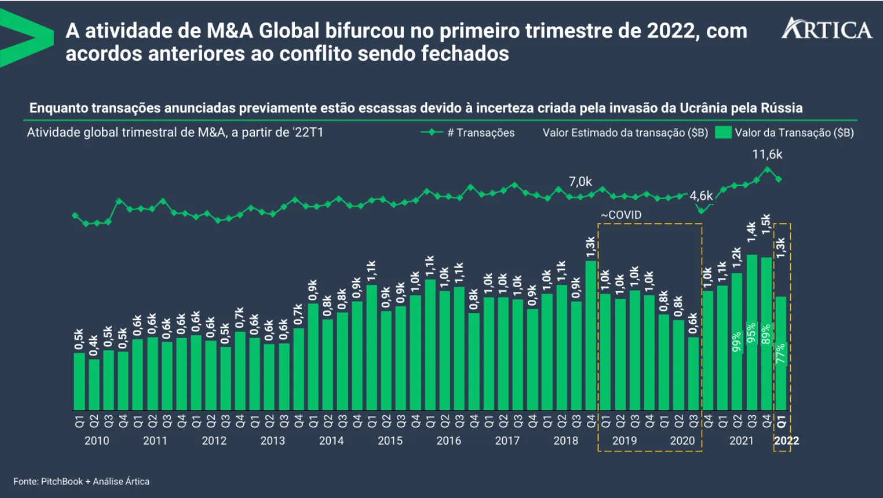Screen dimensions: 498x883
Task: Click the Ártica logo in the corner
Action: [x=827, y=29]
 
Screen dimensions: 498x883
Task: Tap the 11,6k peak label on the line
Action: [x=767, y=155]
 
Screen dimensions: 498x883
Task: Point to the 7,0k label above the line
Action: [x=580, y=182]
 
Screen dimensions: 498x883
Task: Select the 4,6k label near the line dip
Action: [x=701, y=196]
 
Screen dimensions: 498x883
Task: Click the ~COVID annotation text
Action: [x=621, y=215]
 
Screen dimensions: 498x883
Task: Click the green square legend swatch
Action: [x=723, y=133]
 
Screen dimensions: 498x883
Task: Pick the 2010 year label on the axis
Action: [x=97, y=441]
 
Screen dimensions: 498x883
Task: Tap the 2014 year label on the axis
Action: [x=331, y=441]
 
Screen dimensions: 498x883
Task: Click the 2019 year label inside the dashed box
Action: [x=625, y=441]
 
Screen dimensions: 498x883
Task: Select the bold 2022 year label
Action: [x=786, y=441]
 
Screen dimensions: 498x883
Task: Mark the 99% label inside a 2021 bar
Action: [x=736, y=342]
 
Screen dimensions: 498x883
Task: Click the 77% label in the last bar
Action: [x=781, y=353]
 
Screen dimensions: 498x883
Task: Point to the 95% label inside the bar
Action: [x=751, y=333]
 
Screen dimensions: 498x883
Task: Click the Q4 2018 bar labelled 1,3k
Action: [x=591, y=336]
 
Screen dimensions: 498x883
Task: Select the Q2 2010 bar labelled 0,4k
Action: [x=94, y=385]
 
